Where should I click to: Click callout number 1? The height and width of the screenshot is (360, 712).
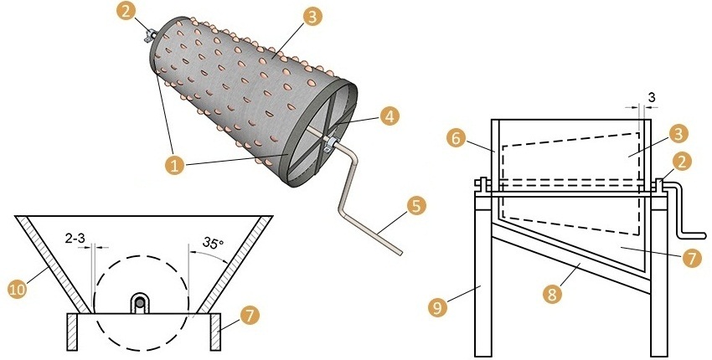(174, 166)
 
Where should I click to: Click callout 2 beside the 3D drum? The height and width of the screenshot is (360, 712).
(126, 13)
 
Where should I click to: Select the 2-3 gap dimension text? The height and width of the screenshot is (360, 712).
(76, 239)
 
